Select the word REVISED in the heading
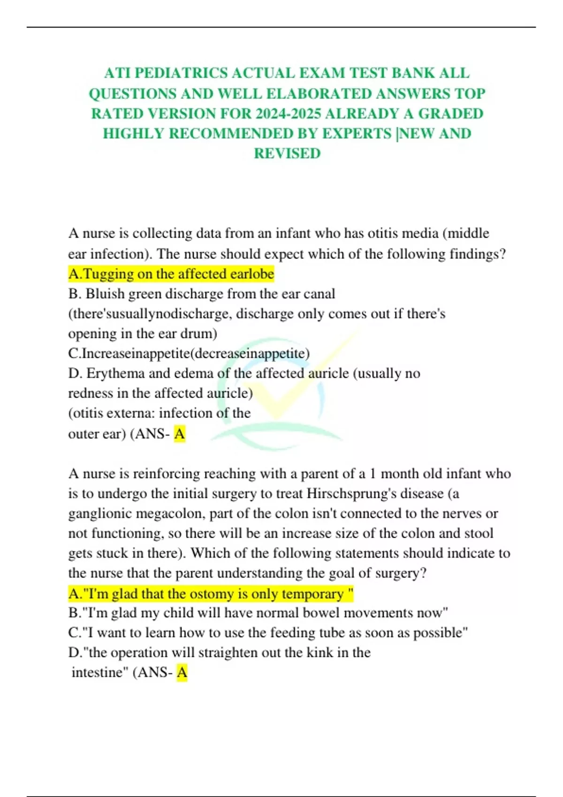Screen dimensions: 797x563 coord(287,153)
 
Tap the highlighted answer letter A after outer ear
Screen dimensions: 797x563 coord(179,434)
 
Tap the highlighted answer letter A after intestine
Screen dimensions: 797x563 coord(182,673)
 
